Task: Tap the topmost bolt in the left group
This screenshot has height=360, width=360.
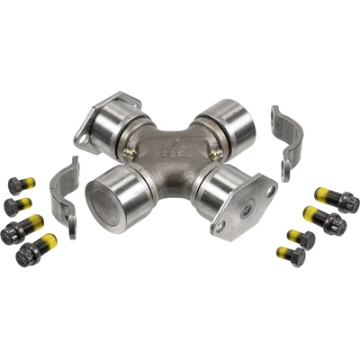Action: (x=21, y=185)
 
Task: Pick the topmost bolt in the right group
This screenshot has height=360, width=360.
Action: (x=335, y=200)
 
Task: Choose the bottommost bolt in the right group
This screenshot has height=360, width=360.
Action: (x=292, y=256)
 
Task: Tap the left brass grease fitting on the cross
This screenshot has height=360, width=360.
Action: (x=132, y=155)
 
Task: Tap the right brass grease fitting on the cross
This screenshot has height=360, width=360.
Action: (x=216, y=155)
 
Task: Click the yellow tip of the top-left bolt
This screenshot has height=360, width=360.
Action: (x=30, y=183)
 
